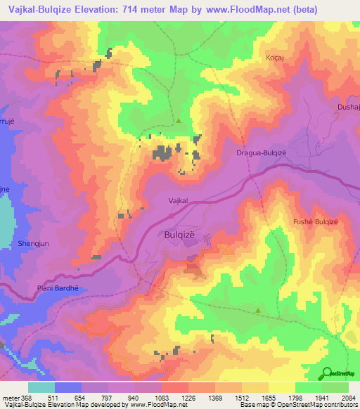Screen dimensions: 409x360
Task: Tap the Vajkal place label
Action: (179, 201)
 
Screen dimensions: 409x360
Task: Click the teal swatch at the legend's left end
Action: (41, 387)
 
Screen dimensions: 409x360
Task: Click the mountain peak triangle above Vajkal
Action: (179, 121)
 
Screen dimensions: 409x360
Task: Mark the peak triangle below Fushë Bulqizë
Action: (258, 310)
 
